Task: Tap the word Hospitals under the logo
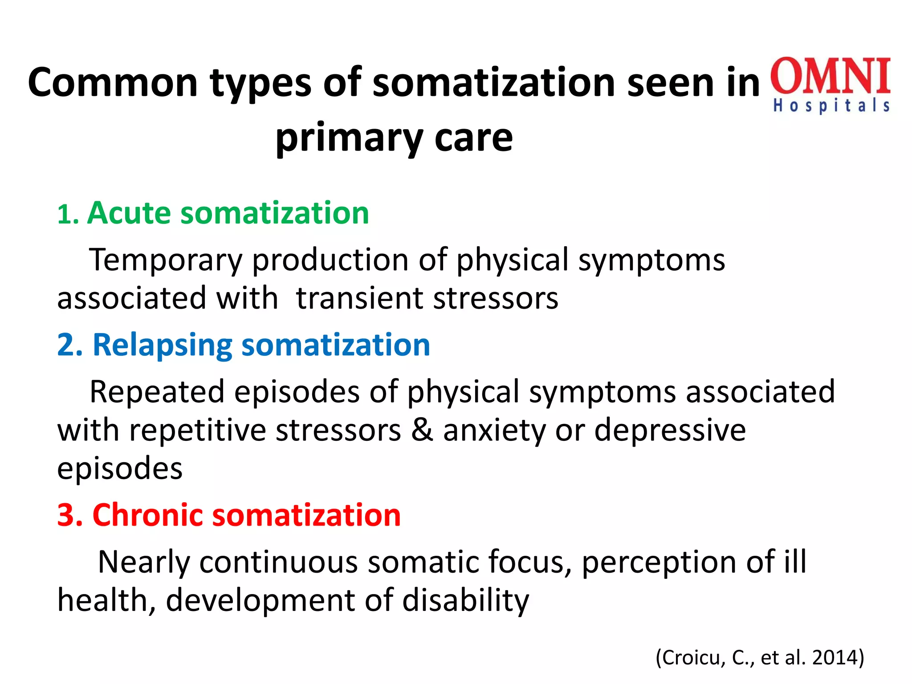(831, 106)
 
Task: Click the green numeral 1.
(65, 216)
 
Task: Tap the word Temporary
(165, 260)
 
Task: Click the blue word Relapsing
(162, 346)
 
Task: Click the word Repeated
(157, 392)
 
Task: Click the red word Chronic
(147, 515)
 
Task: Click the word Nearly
(143, 562)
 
